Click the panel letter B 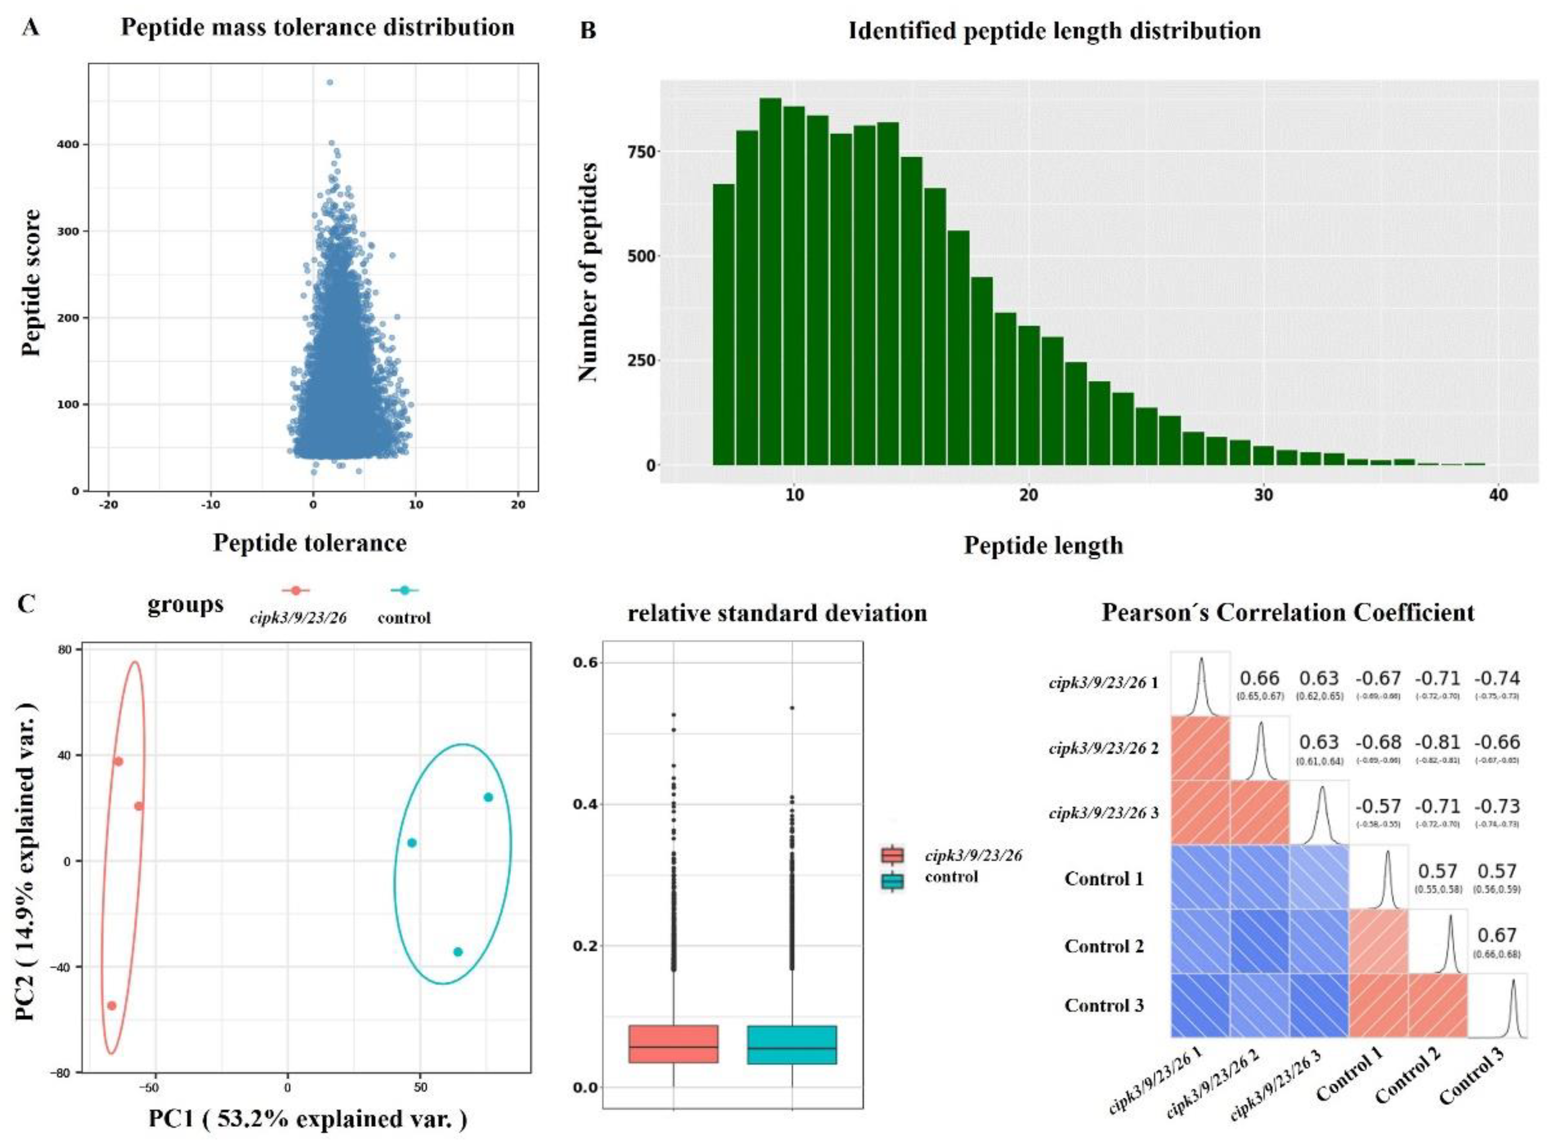point(587,31)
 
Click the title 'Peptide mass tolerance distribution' point(317,27)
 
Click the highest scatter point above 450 point(330,82)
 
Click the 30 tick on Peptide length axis point(1263,496)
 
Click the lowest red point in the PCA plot point(111,1005)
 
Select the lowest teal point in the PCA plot point(458,952)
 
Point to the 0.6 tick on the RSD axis point(585,662)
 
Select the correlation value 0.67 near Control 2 point(1497,935)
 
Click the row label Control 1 point(1104,879)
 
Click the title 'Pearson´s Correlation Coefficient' point(1288,613)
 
